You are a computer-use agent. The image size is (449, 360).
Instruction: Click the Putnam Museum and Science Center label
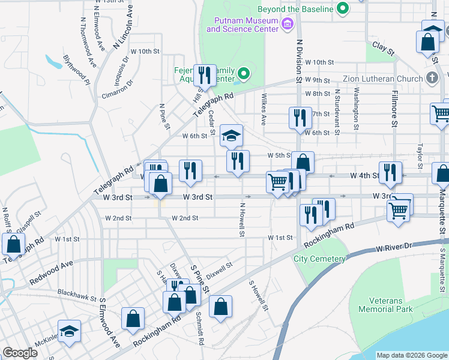coord(243,25)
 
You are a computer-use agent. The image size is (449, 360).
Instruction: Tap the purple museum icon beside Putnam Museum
coord(288,24)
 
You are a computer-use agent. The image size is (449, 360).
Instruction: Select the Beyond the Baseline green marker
coord(343,8)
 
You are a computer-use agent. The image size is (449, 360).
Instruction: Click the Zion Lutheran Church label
coord(382,79)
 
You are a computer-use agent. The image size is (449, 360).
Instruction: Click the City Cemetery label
coord(319,259)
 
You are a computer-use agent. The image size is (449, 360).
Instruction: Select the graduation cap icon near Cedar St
coord(231,135)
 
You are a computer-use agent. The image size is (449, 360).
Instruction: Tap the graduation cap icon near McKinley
coord(69,331)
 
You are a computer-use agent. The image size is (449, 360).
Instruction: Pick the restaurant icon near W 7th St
coord(300,117)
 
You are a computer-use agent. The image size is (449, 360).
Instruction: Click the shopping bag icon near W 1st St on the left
coord(13,244)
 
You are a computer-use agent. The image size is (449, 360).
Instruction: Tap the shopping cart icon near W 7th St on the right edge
coord(440,113)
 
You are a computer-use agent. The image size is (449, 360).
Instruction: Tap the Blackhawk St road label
coord(77,292)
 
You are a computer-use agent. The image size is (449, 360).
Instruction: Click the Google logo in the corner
coord(20,353)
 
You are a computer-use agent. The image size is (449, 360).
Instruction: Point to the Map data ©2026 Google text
coord(411,355)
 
